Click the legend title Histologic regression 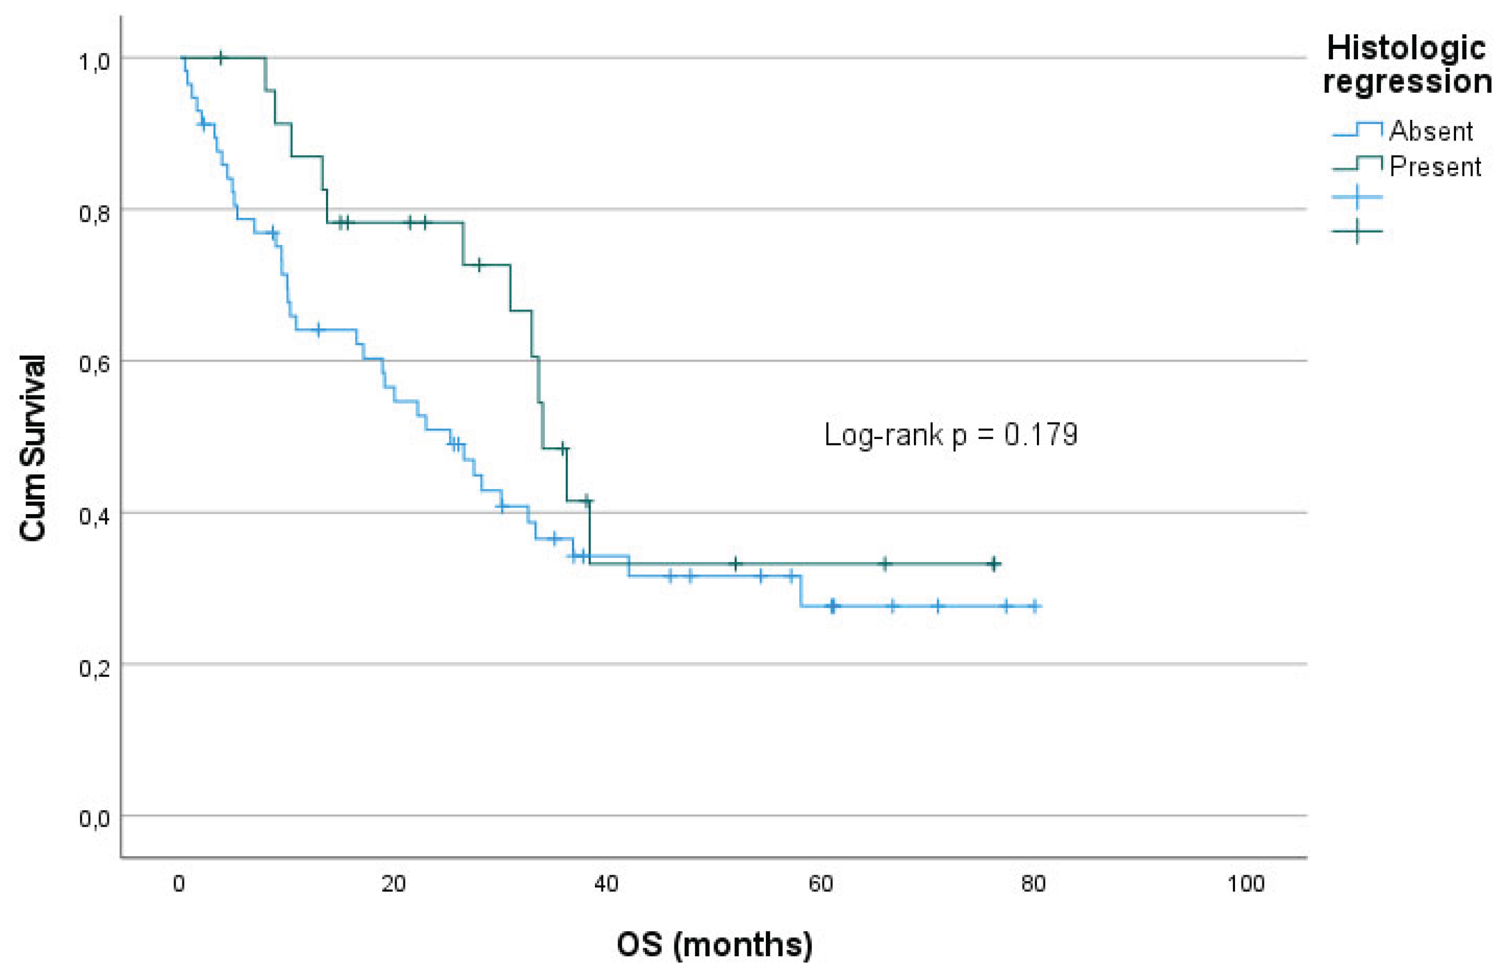1407,65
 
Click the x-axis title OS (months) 715,945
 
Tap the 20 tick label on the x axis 393,884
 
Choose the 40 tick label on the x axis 607,884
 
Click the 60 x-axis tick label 820,884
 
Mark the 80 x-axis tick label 1034,884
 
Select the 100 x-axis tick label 1246,884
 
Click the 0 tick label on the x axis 180,884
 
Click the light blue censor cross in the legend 1357,197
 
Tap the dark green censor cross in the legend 1357,231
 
